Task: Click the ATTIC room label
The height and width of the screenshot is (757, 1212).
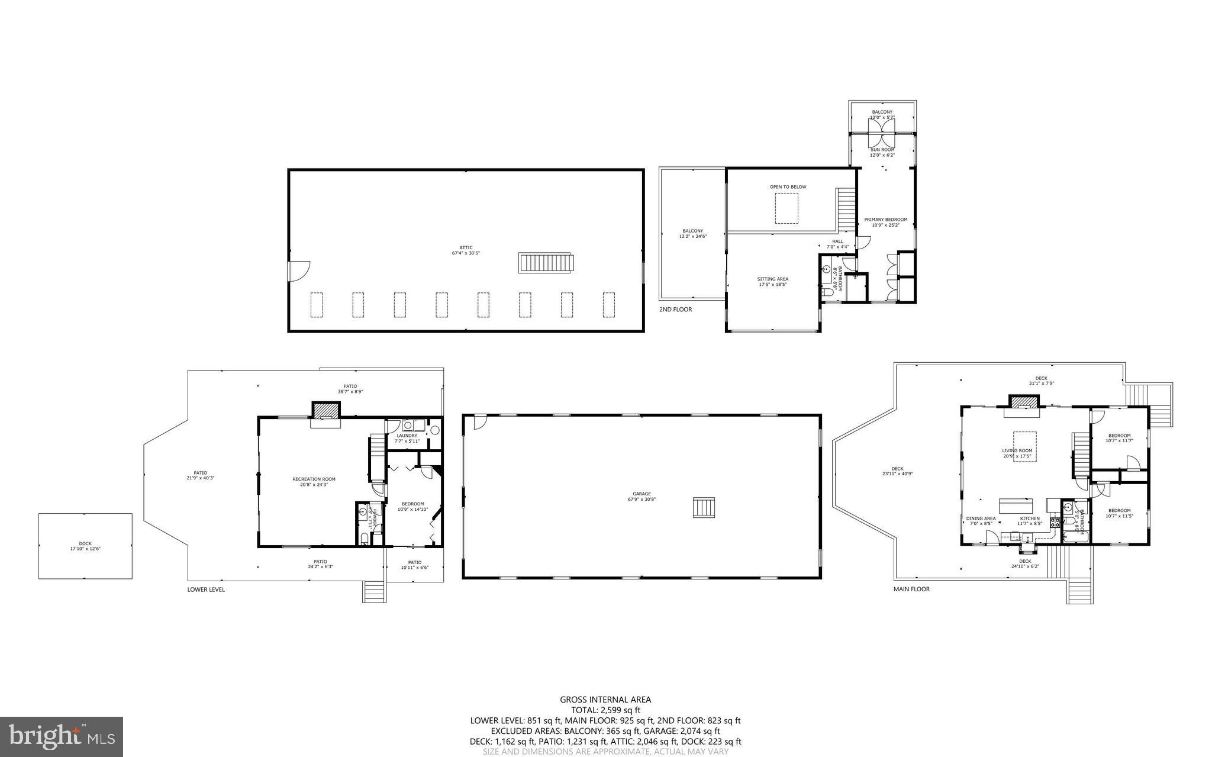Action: click(466, 248)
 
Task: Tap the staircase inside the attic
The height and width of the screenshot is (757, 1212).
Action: click(546, 263)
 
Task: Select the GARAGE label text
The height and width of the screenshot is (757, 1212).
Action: click(642, 494)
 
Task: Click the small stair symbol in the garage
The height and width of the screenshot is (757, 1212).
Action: click(704, 508)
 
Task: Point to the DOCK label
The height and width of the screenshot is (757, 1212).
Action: click(85, 543)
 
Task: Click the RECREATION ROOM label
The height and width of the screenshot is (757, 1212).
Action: click(314, 479)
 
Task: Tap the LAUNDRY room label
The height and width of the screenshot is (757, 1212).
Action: click(407, 436)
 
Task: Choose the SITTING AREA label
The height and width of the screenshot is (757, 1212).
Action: click(772, 279)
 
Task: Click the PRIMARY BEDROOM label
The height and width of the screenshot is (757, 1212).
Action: click(885, 220)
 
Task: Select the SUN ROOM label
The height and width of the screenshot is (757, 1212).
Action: click(882, 150)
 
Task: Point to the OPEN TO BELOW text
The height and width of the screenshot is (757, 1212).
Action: click(788, 187)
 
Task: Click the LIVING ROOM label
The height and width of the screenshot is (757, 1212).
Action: click(1017, 450)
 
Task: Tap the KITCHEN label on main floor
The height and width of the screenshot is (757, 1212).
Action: click(1029, 518)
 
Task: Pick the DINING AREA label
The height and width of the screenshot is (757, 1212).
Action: click(981, 518)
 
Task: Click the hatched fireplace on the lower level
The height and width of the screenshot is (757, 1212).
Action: click(326, 410)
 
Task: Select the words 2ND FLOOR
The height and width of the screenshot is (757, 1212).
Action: click(675, 310)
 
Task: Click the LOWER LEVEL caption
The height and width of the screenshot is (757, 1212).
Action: click(206, 590)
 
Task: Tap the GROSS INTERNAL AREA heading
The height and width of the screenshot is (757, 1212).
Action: click(605, 700)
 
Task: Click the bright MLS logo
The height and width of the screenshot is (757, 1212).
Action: click(62, 737)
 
